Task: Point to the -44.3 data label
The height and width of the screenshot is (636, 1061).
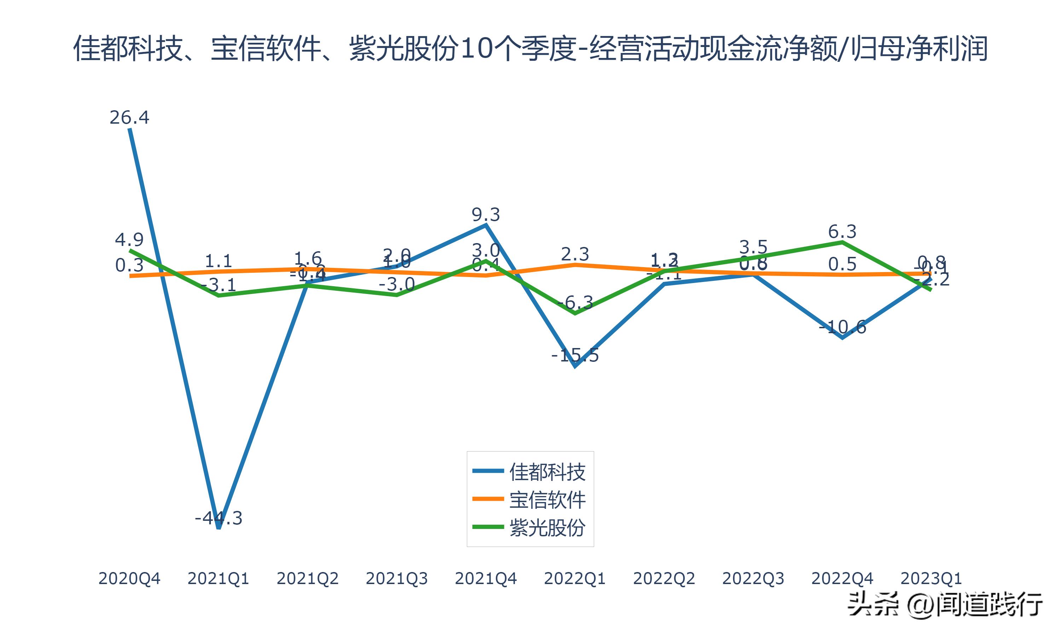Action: (219, 518)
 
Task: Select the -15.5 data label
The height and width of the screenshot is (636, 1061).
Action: (575, 355)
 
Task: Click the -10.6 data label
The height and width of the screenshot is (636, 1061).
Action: (843, 327)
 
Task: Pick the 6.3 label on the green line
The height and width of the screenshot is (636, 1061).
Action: (842, 232)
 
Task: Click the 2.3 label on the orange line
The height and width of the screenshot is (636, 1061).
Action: (575, 254)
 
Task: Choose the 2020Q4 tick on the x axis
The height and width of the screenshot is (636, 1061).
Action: (129, 578)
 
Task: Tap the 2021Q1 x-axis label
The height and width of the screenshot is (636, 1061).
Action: (219, 578)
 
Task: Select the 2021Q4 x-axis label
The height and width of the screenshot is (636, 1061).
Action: (486, 578)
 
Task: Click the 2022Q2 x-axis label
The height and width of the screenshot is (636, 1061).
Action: (664, 578)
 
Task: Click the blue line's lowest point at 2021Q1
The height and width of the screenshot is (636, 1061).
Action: (219, 528)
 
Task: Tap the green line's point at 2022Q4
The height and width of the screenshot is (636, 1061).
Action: (842, 242)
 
